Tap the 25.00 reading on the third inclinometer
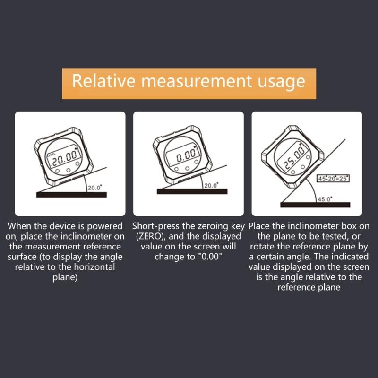point(294,158)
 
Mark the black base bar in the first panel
point(71,194)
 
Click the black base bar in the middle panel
point(192,191)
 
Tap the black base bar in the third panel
point(315,205)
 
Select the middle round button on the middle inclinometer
point(188,168)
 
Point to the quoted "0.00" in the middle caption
point(206,256)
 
